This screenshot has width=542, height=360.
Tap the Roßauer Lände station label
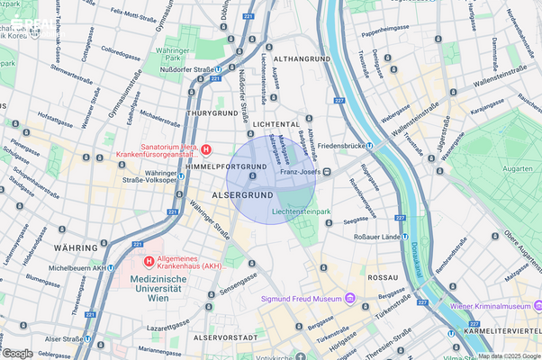pos(366,237)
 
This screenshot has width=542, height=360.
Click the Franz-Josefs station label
pos(300,172)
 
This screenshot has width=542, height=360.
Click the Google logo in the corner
pos(18,353)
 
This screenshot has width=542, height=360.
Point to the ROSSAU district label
pos(382,278)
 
